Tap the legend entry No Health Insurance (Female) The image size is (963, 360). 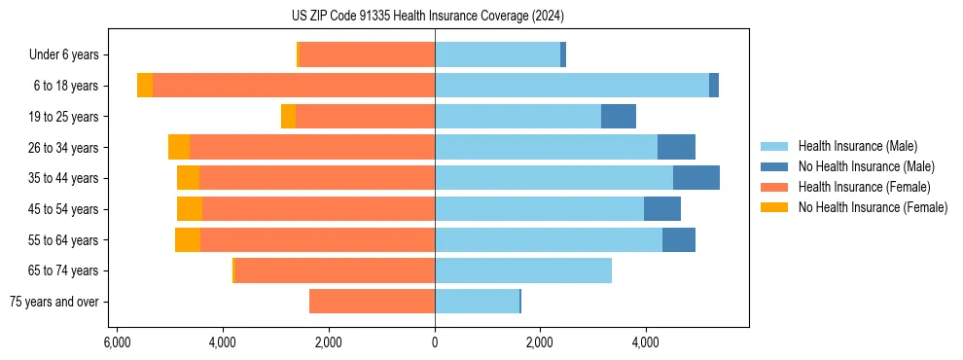[872, 207]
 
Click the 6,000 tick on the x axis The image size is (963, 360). [116, 342]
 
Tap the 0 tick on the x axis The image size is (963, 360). [435, 342]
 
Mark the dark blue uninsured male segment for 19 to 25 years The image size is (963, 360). [619, 117]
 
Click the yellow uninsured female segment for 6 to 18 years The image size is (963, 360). [145, 86]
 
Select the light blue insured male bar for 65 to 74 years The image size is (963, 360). [523, 270]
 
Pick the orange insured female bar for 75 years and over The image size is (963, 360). [372, 302]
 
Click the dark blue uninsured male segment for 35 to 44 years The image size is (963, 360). [696, 178]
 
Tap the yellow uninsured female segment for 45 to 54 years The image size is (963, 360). [190, 209]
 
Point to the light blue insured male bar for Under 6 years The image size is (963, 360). [497, 55]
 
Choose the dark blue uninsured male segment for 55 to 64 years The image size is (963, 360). [679, 239]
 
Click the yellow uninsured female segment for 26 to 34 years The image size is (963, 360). [179, 147]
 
